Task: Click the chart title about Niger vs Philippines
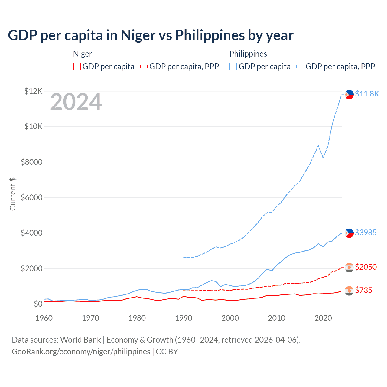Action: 151,35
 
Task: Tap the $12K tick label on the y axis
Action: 33,91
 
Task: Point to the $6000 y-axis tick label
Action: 31,197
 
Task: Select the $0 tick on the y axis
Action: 38,304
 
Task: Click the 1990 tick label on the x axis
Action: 184,318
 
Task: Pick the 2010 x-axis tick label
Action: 277,318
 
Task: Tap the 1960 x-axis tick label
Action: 44,318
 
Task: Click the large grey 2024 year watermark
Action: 76,102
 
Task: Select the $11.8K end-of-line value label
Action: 367,94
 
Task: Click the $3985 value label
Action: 366,233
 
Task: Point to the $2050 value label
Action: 366,267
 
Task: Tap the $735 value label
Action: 363,290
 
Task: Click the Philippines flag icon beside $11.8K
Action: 349,95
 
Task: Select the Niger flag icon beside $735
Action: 349,291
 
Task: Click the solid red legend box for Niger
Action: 77,67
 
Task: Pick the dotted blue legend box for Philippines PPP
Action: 300,67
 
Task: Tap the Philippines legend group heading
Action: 248,54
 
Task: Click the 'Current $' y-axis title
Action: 13,194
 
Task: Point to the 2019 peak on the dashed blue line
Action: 318,145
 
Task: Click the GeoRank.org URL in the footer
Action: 81,352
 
